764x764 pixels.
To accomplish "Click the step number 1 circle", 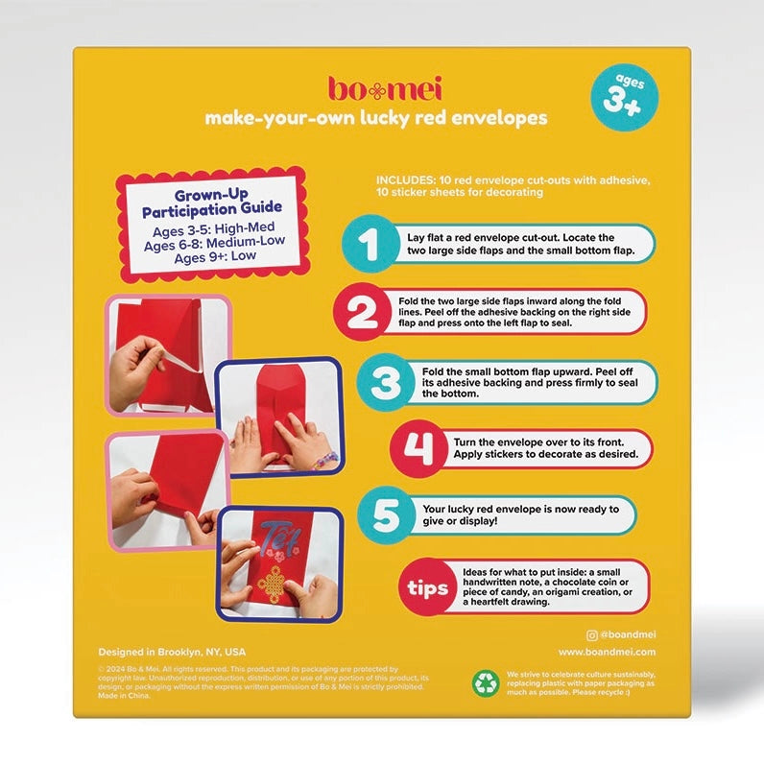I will [369, 244].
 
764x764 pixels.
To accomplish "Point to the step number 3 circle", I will [384, 381].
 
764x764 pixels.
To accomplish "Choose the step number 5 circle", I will [384, 514].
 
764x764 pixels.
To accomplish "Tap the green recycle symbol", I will [486, 682].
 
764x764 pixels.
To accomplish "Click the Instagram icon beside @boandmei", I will [591, 634].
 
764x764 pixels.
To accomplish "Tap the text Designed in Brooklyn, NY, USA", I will [172, 651].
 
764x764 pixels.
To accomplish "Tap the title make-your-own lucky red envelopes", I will [375, 118].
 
